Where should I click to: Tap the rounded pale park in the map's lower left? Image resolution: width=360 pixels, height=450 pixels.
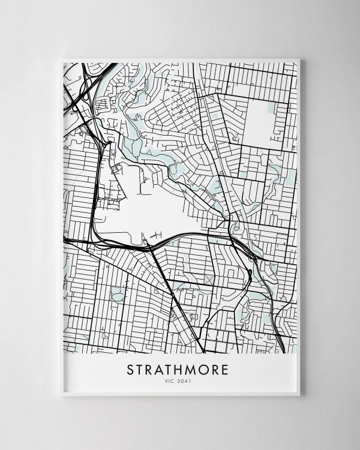coord(118,293)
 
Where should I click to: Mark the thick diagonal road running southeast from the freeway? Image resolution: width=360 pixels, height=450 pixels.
coord(174,294)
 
